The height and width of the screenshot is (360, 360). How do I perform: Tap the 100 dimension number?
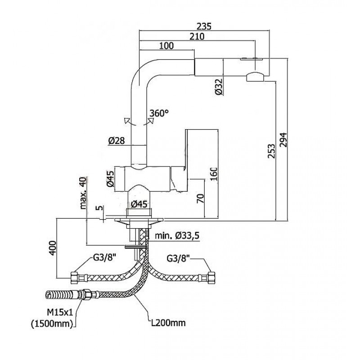(166, 46)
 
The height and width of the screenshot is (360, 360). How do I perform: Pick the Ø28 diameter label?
(116, 141)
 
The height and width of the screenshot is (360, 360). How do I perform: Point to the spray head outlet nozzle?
(255, 76)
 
